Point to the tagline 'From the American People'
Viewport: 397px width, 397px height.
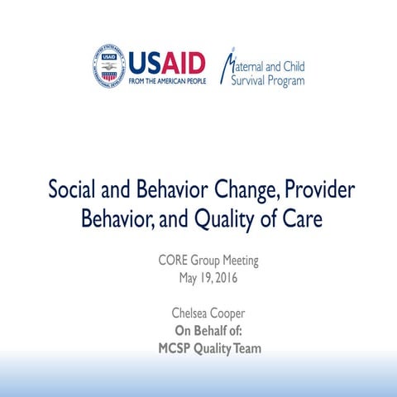(167, 82)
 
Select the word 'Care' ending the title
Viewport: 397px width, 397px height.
(297, 219)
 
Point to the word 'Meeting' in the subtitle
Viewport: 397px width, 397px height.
(238, 261)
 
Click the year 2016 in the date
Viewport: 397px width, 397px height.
(224, 277)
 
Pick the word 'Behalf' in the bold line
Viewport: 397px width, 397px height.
(209, 332)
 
